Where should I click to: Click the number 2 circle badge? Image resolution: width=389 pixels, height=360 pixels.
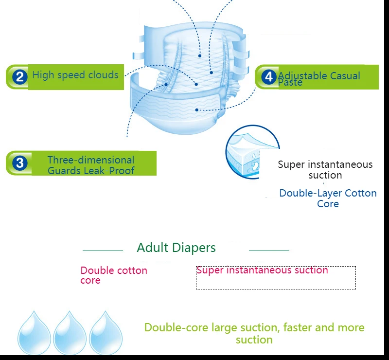[x=19, y=77]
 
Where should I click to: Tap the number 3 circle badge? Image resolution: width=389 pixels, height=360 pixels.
[x=19, y=162]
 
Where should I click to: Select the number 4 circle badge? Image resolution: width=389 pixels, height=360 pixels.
[x=269, y=77]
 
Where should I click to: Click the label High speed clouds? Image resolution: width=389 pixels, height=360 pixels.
[x=75, y=75]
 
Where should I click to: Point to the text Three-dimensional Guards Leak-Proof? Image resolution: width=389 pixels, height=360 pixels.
[x=91, y=165]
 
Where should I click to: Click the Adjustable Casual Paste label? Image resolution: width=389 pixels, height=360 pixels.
[x=319, y=78]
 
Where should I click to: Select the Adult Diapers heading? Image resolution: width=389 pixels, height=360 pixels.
[x=176, y=248]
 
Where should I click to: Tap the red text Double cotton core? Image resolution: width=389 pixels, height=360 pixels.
[x=113, y=275]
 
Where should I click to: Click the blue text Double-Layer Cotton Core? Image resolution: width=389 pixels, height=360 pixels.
[x=328, y=198]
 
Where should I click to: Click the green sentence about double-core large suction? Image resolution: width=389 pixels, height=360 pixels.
[x=254, y=333]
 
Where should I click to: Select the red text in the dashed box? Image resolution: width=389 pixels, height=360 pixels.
[x=262, y=270]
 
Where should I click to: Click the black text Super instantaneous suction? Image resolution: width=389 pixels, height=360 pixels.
[x=325, y=170]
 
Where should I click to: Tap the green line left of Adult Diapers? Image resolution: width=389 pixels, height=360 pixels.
[x=103, y=251]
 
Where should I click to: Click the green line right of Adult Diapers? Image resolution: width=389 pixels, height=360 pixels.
[x=269, y=251]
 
